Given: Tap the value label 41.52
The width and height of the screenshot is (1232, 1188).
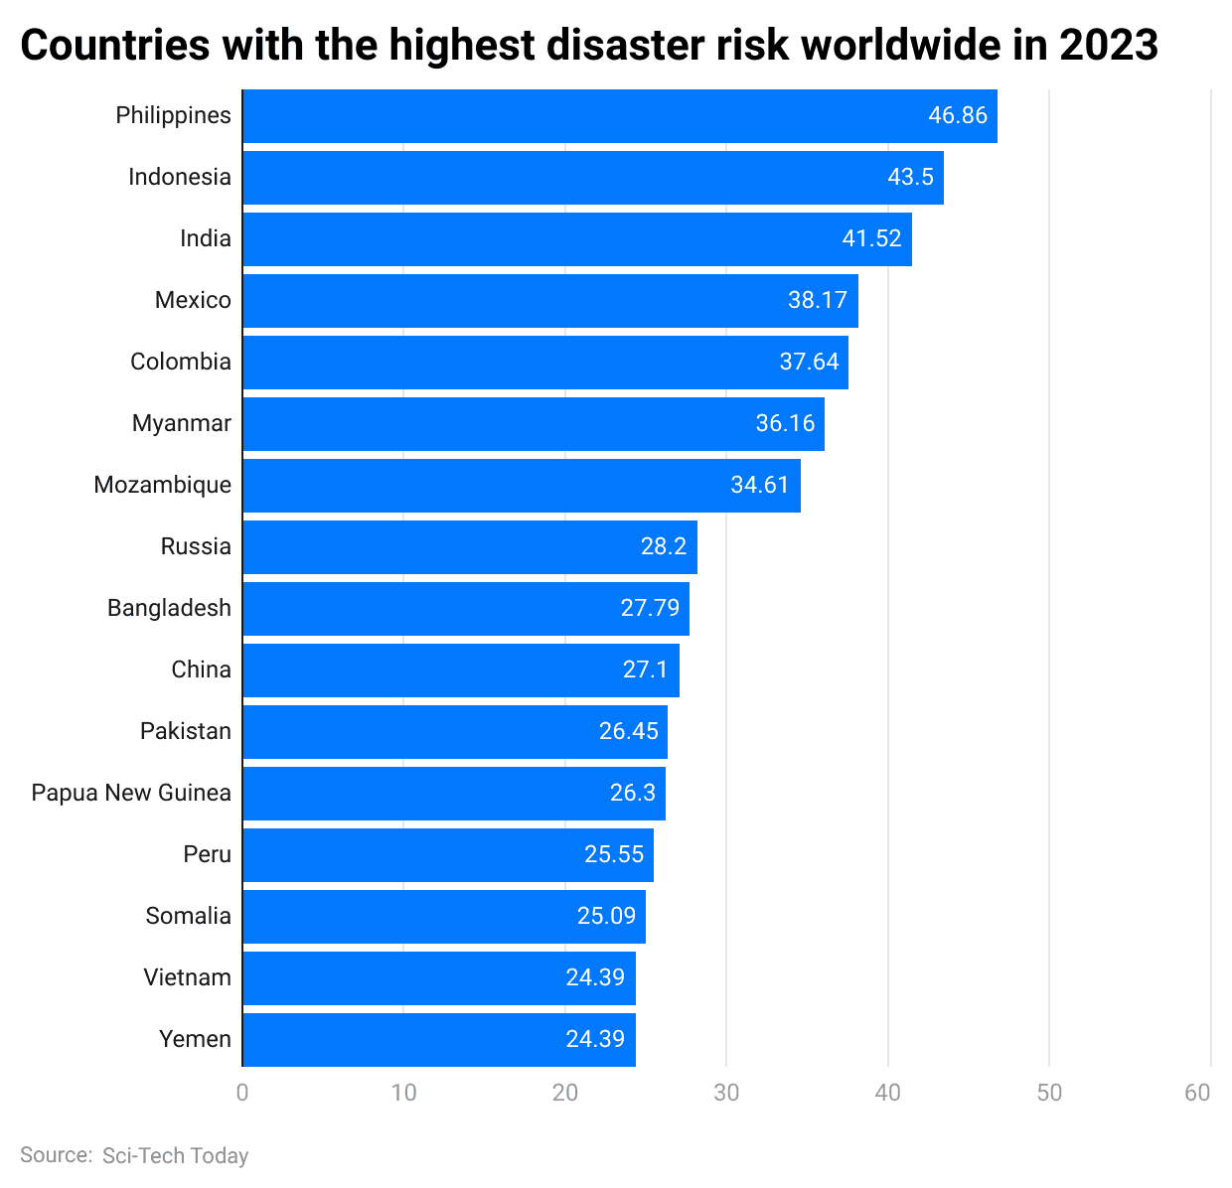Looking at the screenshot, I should coord(871,239).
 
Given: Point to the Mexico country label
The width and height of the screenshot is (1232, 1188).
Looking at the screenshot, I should coord(193,300).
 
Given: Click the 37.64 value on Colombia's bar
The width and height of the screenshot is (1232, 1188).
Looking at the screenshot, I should coord(809,362).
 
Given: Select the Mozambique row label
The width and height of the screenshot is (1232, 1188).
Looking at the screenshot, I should coord(162,485).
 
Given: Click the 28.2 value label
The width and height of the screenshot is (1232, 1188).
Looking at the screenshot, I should coord(664,546).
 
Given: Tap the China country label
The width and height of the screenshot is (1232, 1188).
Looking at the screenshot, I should coord(201,669).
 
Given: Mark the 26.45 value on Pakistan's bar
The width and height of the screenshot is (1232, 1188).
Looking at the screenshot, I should coord(628,731).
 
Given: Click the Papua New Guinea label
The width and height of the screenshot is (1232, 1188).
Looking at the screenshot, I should coord(131,793).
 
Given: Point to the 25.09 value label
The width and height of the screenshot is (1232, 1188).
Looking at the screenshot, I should coord(606,916).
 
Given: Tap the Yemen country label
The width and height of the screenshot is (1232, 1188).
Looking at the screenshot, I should coord(195,1039).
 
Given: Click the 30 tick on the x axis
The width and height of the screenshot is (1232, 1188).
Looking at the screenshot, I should coord(726,1093).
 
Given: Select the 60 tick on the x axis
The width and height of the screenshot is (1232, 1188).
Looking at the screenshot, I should coord(1197,1093).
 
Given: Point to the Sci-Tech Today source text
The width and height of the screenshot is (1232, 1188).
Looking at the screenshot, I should coord(175,1156).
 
